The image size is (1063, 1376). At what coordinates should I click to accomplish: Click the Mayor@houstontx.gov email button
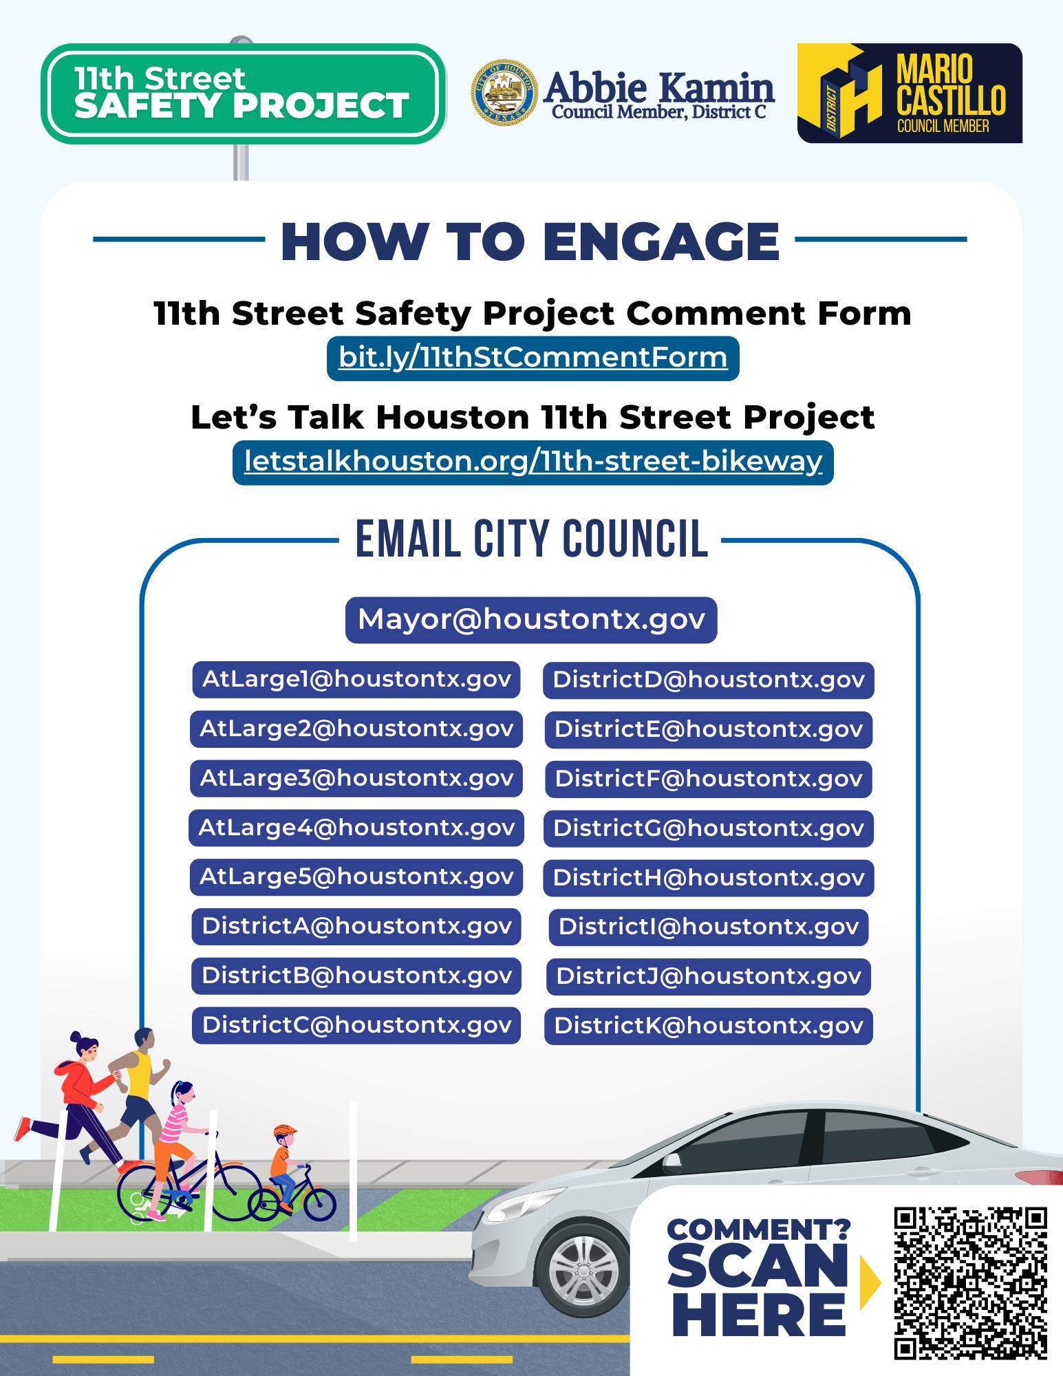pos(531,620)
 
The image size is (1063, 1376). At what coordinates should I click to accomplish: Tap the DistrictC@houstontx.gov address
pos(356,1025)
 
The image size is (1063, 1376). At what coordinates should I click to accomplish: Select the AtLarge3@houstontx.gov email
pos(356,778)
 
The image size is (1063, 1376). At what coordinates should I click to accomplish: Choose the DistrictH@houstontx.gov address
pos(709,878)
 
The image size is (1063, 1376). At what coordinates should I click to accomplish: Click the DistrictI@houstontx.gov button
pos(709,927)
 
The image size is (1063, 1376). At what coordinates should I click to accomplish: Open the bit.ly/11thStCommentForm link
pos(533,358)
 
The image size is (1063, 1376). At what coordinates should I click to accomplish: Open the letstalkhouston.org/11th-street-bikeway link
pos(533,462)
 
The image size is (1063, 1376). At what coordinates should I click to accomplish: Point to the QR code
pos(971,1282)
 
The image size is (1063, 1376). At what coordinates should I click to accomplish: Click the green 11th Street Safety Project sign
pos(243,94)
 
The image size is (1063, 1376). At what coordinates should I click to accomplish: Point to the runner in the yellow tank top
pos(134,1094)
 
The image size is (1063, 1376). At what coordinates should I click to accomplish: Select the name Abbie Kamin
pos(659,87)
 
